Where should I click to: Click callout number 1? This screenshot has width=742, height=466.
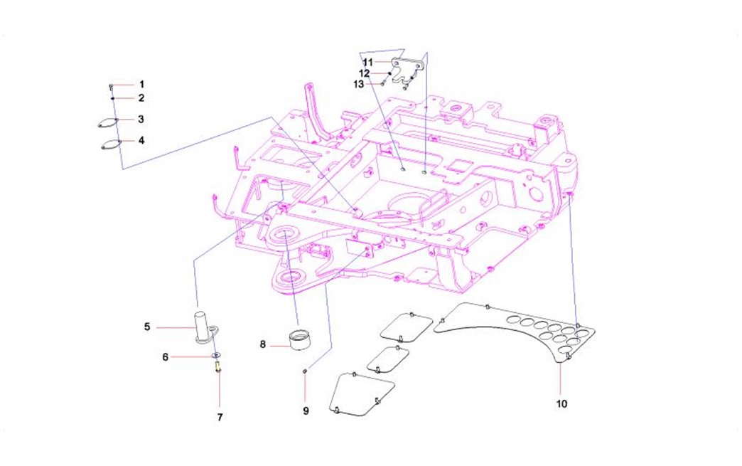coord(141,85)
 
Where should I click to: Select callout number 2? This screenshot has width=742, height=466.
coord(141,98)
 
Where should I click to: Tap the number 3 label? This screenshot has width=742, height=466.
coord(141,120)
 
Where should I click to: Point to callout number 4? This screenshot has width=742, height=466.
coord(141,141)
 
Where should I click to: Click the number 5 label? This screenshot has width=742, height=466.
coord(147,327)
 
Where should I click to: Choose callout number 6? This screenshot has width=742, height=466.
coord(166,356)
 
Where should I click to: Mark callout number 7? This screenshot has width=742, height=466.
coord(219,418)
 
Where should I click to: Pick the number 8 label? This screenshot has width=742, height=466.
coord(262,344)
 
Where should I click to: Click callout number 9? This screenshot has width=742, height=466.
coord(306,411)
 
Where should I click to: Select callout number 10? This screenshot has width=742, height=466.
coord(562,403)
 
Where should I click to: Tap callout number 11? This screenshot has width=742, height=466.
coord(367,63)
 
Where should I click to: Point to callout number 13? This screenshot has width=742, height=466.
coord(358,84)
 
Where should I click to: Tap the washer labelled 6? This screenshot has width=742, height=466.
coord(216,355)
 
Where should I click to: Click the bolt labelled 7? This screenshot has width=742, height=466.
coord(217,367)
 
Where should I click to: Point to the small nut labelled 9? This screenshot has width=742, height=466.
coord(305,371)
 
